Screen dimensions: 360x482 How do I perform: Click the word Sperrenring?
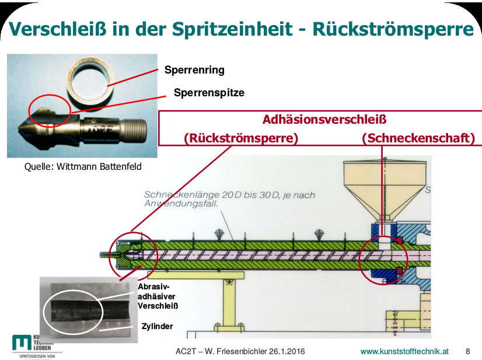pyautogui.click(x=194, y=70)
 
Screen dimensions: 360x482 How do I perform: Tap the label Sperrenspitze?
pyautogui.click(x=209, y=92)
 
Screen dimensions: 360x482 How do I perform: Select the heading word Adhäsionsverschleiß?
pyautogui.click(x=325, y=120)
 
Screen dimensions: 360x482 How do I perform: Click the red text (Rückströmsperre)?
pyautogui.click(x=241, y=138)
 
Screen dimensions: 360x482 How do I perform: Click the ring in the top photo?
pyautogui.click(x=94, y=82)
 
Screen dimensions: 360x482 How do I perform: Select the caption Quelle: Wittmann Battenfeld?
pyautogui.click(x=83, y=166)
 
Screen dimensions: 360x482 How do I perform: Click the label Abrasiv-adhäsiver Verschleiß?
pyautogui.click(x=158, y=296)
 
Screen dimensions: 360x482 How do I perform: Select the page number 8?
pyautogui.click(x=467, y=351)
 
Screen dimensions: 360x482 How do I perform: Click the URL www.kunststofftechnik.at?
pyautogui.click(x=404, y=351)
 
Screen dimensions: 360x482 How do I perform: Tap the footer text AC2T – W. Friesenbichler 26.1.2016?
pyautogui.click(x=240, y=351)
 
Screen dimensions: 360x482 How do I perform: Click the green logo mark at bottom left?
pyautogui.click(x=23, y=343)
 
